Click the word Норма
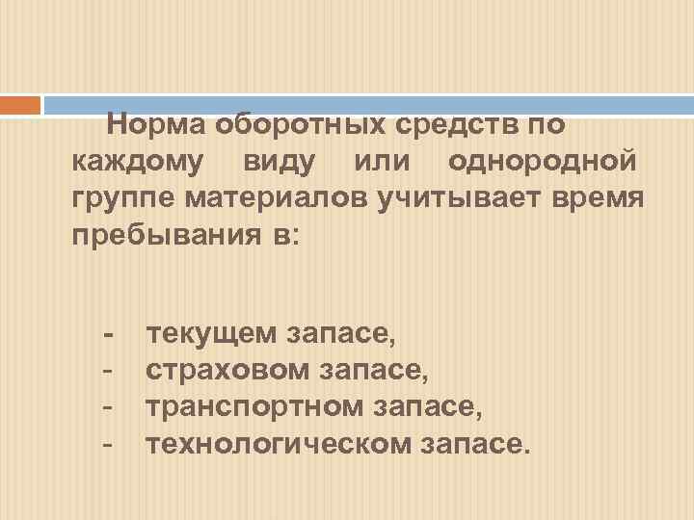[x=156, y=125]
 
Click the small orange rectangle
[x=20, y=104]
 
